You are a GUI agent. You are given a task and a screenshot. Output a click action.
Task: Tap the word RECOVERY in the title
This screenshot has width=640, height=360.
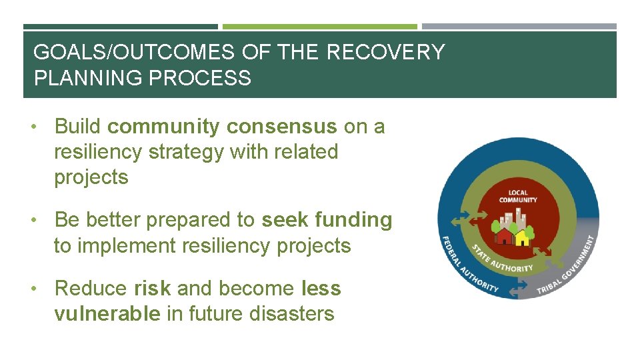(385, 52)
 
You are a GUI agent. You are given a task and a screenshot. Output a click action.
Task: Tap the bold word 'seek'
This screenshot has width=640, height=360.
(285, 220)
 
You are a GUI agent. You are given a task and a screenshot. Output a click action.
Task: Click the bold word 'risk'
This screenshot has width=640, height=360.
(152, 289)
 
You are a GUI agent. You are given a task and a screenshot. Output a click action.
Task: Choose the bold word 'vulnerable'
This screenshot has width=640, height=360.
(107, 314)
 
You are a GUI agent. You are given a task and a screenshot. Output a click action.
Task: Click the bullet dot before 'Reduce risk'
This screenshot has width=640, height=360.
(42, 289)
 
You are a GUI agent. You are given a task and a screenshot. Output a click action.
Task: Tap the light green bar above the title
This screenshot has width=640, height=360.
(319, 27)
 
